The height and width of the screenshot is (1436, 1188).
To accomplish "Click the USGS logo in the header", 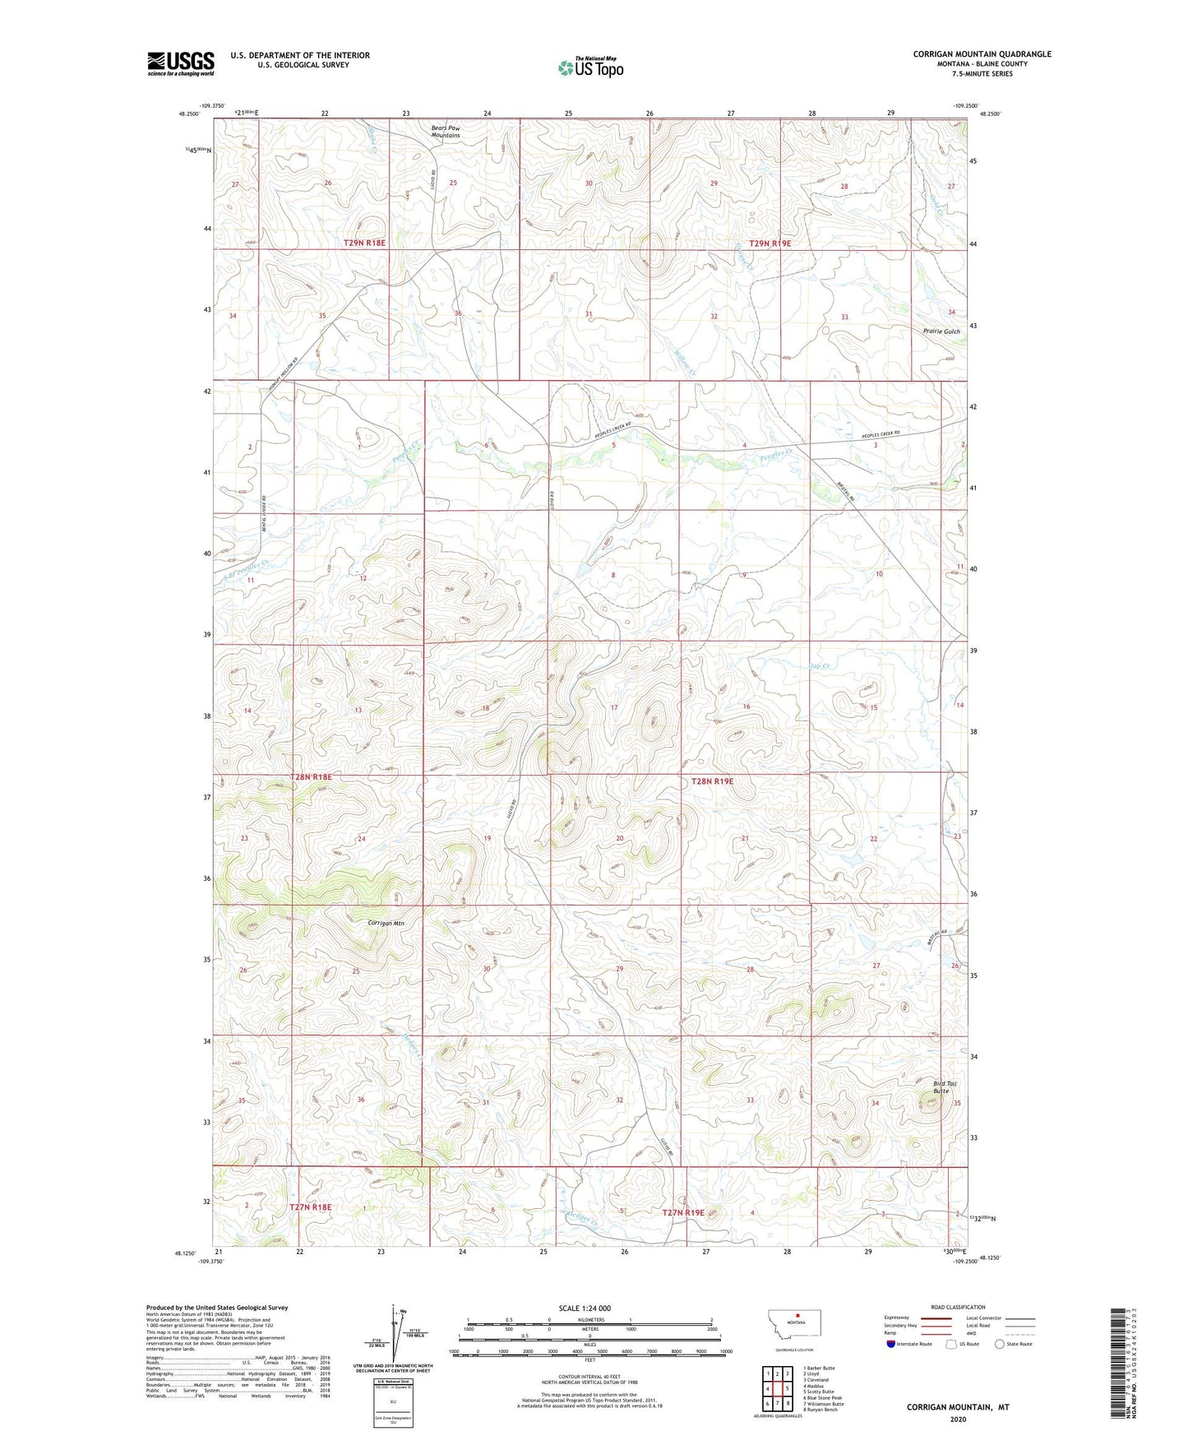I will coord(180,63).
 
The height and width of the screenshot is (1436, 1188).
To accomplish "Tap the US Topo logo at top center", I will coord(590,67).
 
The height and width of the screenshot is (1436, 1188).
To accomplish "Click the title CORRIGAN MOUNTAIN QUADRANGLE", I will coord(982,54).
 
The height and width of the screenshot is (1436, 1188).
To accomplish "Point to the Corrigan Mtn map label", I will coord(385,924).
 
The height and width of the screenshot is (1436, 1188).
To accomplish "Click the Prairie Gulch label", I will coord(941,331).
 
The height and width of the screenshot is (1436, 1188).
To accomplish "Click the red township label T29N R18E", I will coord(364,243).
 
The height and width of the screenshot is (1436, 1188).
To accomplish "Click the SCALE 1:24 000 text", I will coord(585,1309).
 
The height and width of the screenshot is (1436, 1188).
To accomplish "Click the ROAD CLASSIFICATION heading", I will coord(957,1307).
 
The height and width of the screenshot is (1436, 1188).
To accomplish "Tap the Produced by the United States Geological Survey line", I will coord(217,1308).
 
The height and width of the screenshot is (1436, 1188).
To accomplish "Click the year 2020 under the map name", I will coord(958,1419).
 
